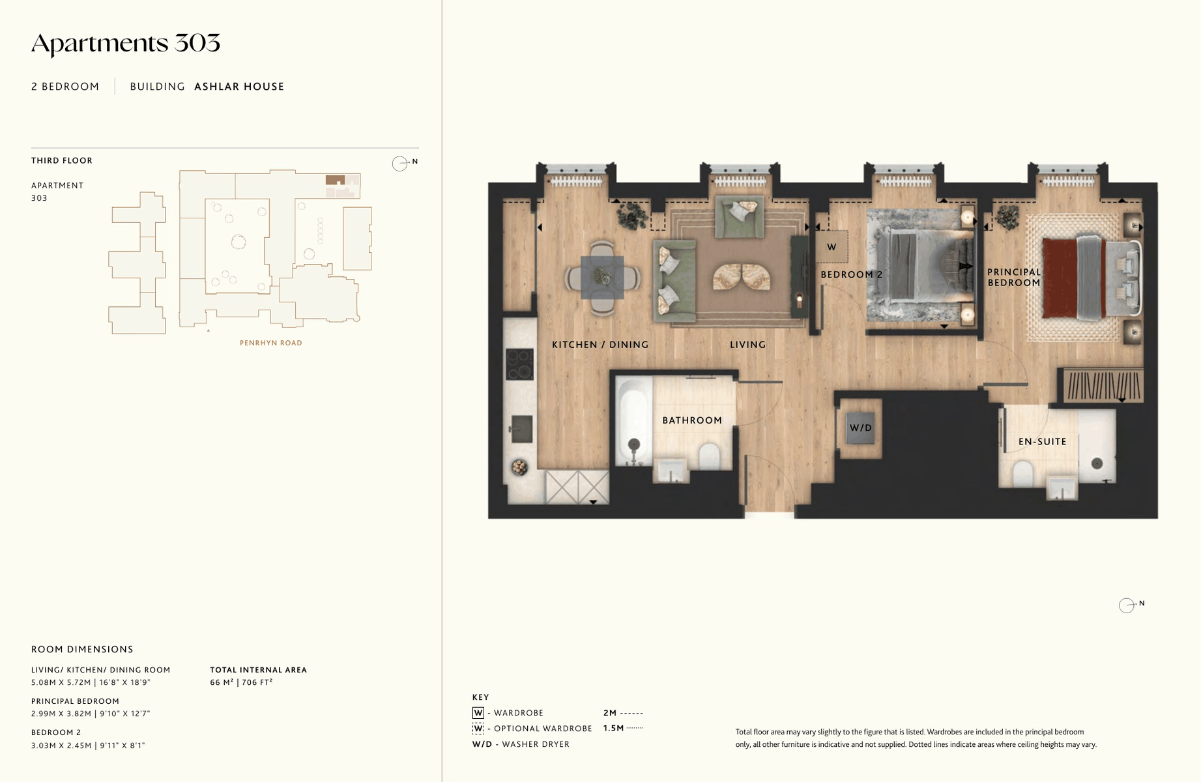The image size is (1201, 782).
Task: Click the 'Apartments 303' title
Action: tap(126, 44)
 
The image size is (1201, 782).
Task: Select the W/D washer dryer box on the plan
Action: tap(860, 428)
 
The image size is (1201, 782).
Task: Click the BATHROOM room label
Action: tap(692, 420)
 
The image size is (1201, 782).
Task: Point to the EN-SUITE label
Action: tap(1042, 441)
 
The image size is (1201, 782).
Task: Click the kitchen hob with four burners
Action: tap(520, 364)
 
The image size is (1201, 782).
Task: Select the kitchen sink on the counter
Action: tap(521, 429)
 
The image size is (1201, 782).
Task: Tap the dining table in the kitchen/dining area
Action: tap(602, 278)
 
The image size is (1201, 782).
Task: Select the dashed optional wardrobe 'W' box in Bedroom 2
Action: tap(832, 247)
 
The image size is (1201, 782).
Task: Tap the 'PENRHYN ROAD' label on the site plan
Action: tap(270, 343)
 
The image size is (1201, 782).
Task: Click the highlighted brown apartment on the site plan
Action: tap(335, 180)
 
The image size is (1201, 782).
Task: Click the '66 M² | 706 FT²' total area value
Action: tap(241, 682)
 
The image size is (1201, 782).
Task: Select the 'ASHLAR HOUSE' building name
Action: tap(239, 87)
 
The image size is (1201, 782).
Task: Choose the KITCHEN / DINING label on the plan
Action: tap(600, 345)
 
